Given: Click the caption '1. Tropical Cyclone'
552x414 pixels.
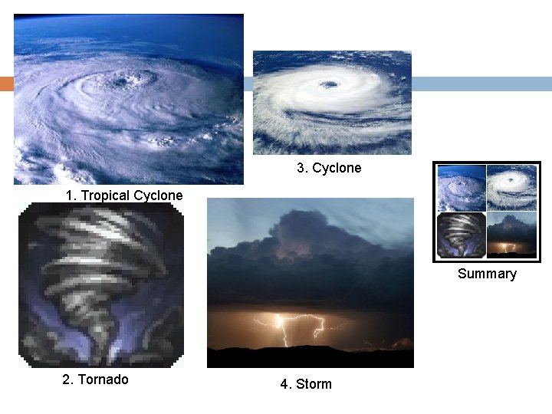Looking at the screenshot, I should pos(124,195).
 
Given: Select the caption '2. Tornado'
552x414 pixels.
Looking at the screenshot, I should pos(95,379).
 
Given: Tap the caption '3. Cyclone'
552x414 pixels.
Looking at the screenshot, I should pos(329,168).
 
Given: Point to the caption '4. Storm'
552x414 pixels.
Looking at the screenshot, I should pos(306,384).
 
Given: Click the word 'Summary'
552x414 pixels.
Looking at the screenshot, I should pos(487,274).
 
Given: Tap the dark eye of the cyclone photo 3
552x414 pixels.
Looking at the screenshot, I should pos(329,84).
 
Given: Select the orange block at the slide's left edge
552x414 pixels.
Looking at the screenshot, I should pos(6,84).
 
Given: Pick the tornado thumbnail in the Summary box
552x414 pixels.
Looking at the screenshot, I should pos(462,235).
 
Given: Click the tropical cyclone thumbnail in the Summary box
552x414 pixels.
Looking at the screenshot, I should pos(462,188).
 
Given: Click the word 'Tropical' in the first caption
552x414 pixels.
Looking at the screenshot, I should pos(105,195).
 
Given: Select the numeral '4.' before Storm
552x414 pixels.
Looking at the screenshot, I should pos(285,384).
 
